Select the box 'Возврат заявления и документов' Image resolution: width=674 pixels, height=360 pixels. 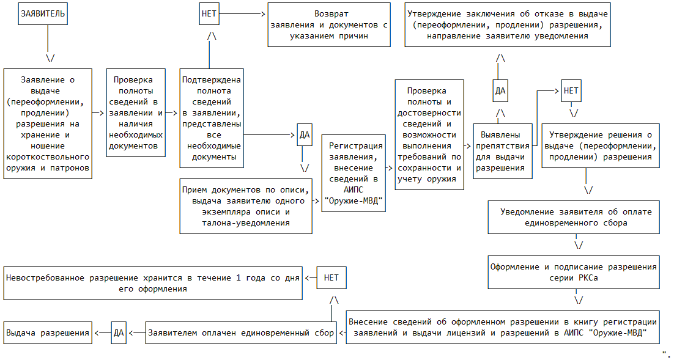tap(330, 24)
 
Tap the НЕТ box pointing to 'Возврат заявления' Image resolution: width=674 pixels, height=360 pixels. tap(209, 13)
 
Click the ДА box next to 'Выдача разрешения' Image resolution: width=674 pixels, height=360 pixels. tap(119, 333)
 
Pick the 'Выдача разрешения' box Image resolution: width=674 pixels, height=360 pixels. tap(48, 333)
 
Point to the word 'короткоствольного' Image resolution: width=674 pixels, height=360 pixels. tap(48, 157)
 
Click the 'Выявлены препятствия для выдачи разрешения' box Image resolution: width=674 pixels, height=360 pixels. tap(501, 151)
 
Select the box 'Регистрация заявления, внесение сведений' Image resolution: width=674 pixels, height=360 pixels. tap(355, 173)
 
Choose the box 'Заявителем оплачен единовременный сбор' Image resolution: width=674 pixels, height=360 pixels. tap(241, 333)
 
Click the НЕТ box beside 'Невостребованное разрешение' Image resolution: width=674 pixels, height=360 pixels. tap(331, 277)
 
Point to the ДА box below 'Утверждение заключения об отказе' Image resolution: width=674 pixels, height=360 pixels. tap(500, 91)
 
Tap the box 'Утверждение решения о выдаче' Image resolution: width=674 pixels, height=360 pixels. tap(599, 145)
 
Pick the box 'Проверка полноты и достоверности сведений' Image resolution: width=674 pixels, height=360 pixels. tap(428, 134)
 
